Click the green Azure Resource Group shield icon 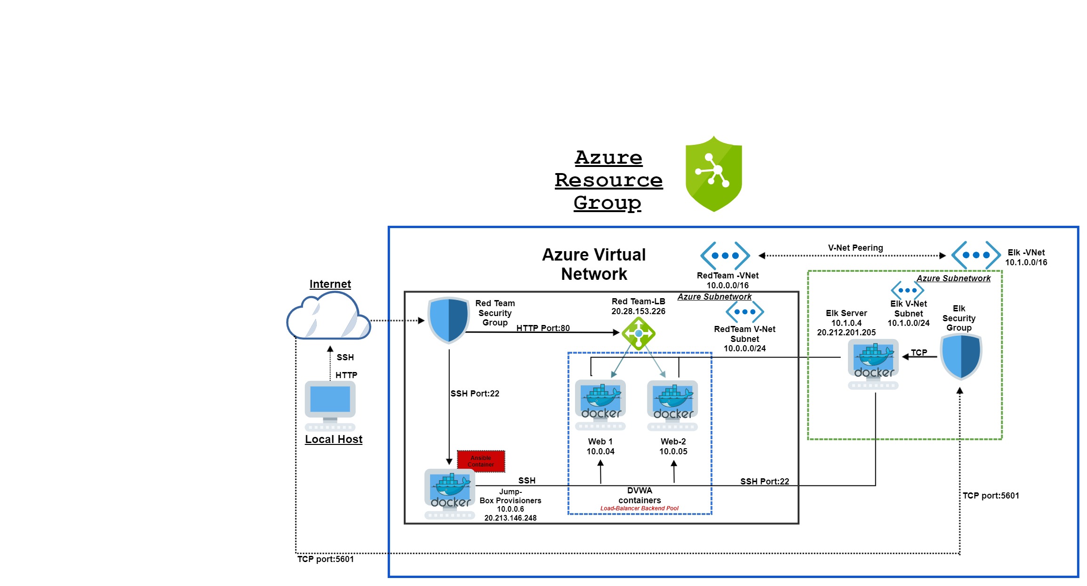click(713, 174)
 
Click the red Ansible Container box click(480, 461)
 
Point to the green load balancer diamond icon click(638, 333)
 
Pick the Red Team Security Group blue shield click(448, 320)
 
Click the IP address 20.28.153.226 click(638, 311)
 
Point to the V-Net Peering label click(855, 248)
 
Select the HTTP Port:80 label click(543, 328)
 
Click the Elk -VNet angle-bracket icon click(976, 255)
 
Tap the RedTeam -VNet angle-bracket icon click(725, 255)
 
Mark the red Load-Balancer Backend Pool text click(639, 508)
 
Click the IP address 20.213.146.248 click(510, 518)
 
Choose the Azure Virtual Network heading click(594, 264)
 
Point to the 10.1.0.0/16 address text click(1026, 262)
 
